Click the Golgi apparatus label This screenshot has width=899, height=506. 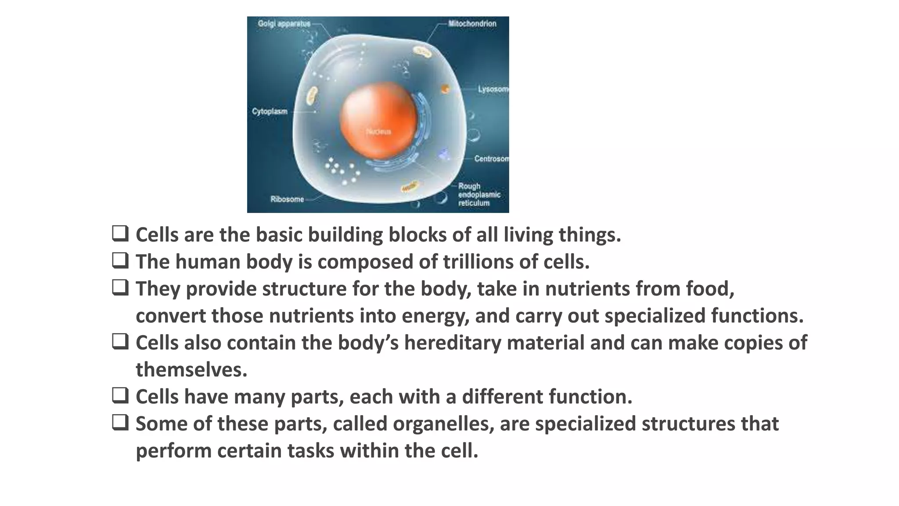coord(284,24)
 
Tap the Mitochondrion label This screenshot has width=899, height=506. coord(472,24)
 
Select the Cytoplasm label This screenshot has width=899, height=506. coord(270,112)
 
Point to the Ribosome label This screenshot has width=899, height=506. coord(287,199)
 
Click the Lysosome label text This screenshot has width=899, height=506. coord(493,89)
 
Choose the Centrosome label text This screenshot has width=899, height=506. coord(491,159)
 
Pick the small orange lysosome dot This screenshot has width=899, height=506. coord(445,89)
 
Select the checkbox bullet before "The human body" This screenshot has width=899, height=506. coord(120,260)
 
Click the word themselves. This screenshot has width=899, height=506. coord(191,370)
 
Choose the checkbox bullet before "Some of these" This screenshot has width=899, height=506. coord(120,423)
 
